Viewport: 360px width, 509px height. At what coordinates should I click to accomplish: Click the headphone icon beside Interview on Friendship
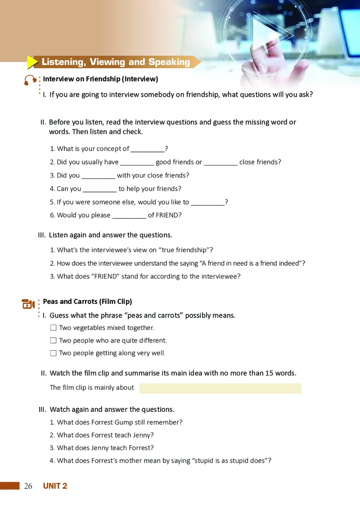pyautogui.click(x=30, y=80)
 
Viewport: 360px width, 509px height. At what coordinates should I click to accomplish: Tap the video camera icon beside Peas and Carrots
pyautogui.click(x=28, y=304)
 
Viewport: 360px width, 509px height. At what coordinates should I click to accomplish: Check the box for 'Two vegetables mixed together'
pyautogui.click(x=53, y=328)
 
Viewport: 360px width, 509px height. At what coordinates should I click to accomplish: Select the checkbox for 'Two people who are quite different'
pyautogui.click(x=53, y=340)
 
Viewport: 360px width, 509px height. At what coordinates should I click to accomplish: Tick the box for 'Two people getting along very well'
pyautogui.click(x=53, y=353)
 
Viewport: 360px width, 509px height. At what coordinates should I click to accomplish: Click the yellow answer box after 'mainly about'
pyautogui.click(x=220, y=388)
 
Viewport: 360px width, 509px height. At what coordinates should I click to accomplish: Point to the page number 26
pyautogui.click(x=28, y=486)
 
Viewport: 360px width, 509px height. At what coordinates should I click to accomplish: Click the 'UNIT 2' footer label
pyautogui.click(x=55, y=486)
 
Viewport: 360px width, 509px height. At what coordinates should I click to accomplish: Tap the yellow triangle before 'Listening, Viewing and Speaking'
pyautogui.click(x=31, y=62)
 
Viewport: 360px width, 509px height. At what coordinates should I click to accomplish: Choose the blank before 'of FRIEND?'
pyautogui.click(x=129, y=216)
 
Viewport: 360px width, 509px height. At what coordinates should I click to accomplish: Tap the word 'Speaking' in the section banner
pyautogui.click(x=169, y=62)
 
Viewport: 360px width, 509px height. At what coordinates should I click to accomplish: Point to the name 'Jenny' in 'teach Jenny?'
pyautogui.click(x=141, y=435)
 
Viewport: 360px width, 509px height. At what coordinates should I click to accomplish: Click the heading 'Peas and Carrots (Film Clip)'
pyautogui.click(x=87, y=301)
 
